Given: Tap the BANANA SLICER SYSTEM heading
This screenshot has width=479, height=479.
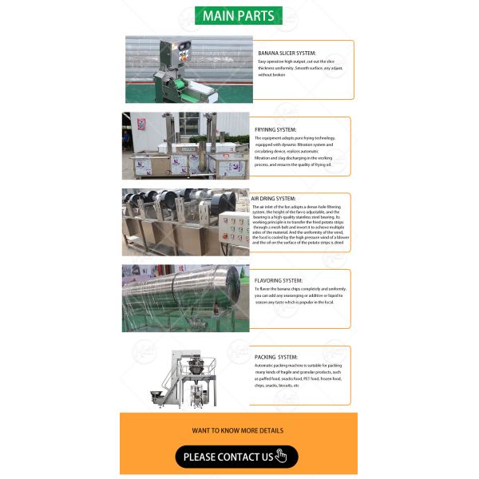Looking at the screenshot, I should [287, 53].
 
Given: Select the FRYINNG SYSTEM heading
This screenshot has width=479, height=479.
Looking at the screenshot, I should [275, 129].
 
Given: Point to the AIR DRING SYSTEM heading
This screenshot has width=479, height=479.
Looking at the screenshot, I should [273, 198].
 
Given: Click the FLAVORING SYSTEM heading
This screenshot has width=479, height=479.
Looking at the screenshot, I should [279, 280].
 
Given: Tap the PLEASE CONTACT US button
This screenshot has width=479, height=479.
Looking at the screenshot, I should [236, 457].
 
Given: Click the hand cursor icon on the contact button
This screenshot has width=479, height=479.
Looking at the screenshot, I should [280, 457].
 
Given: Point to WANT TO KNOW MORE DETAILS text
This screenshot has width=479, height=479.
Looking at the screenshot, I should [237, 430].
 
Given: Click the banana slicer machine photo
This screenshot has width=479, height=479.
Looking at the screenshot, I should [177, 70].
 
